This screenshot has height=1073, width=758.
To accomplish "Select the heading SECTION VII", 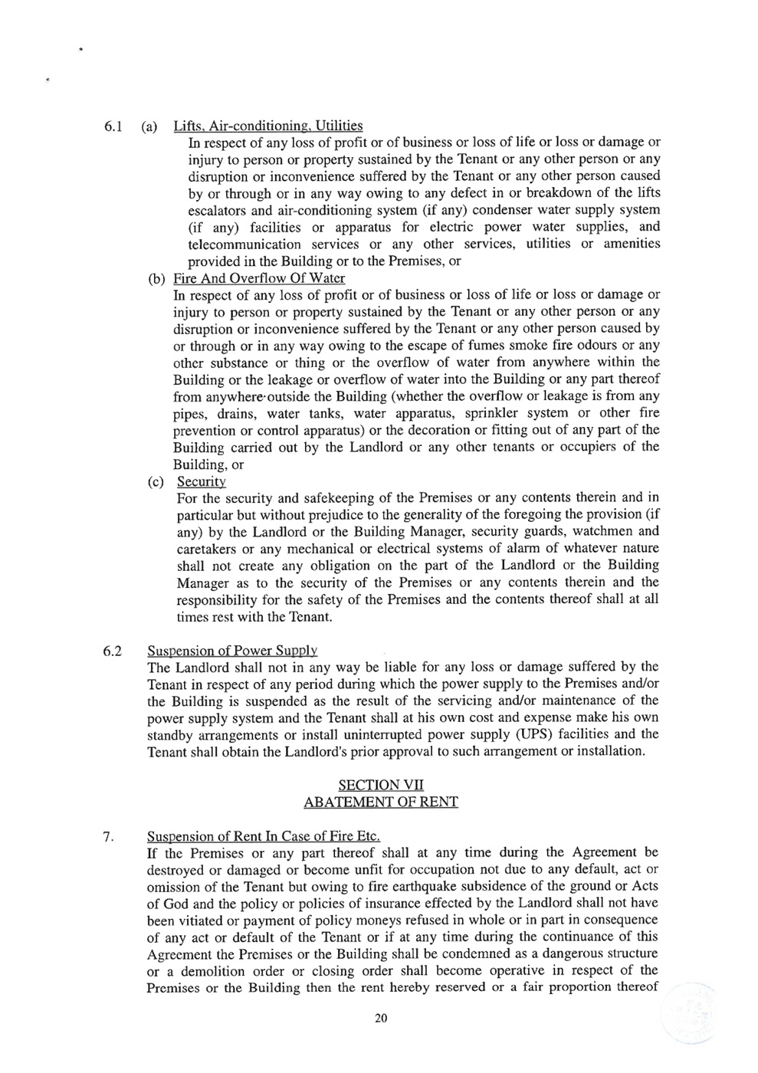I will click(x=380, y=785).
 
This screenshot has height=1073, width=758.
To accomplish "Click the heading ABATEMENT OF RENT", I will click(x=380, y=802).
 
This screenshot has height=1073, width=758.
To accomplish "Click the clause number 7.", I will click(x=108, y=836).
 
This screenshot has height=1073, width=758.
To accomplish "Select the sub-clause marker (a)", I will click(x=151, y=126).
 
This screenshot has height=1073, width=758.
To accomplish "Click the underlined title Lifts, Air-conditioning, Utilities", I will click(x=268, y=126).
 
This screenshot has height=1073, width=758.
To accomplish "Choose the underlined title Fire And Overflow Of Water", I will click(x=259, y=278).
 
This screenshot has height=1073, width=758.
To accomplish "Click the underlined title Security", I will click(x=201, y=482).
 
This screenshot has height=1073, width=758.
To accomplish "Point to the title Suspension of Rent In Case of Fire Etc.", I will click(x=263, y=836).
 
